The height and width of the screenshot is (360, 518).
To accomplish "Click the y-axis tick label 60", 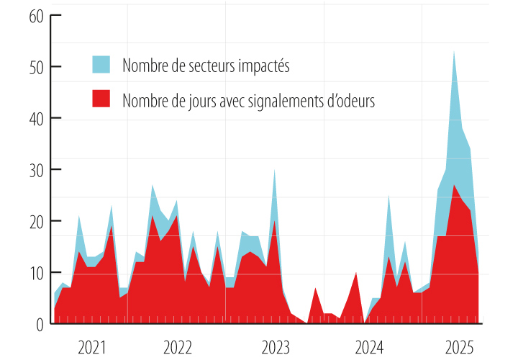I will point(37,16).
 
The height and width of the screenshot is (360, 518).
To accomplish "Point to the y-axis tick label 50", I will point(37,67).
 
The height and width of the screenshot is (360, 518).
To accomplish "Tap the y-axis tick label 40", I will point(37,118).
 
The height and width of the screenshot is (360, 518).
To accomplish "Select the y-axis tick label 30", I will point(37,170).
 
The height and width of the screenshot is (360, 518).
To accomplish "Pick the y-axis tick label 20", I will point(37,221).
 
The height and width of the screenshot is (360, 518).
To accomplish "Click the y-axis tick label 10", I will point(37,273).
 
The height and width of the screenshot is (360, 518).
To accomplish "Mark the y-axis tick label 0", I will point(40,324).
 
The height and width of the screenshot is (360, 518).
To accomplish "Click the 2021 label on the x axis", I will point(91,348).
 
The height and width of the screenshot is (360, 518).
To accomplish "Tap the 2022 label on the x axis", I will point(178,348).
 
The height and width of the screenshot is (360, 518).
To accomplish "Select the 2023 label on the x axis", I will point(276,348).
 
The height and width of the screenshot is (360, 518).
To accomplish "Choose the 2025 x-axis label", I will point(459,348).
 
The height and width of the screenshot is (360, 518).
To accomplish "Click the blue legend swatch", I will point(101,64).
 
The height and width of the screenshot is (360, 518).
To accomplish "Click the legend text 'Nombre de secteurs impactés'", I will point(206,66).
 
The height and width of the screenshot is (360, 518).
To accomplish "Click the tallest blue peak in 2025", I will point(454,53).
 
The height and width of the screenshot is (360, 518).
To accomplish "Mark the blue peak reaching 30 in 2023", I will point(274,171).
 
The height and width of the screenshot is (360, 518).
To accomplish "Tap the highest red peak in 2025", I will point(454,186).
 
